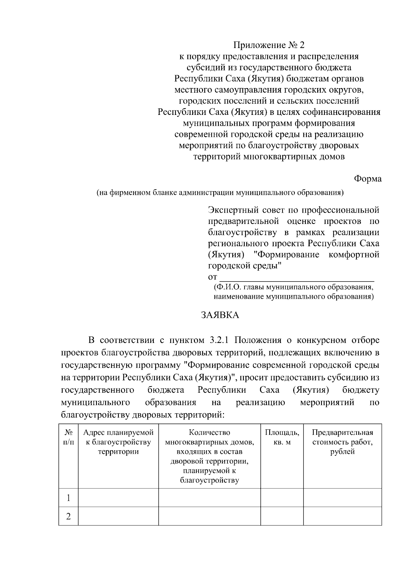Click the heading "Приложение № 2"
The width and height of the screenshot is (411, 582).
coord(269,45)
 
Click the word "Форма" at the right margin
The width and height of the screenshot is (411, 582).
coord(368,179)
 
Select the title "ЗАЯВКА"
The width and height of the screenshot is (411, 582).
coord(220,315)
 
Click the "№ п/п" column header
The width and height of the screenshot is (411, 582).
coord(68,437)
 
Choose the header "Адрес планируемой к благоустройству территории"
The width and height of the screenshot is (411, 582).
coord(118,442)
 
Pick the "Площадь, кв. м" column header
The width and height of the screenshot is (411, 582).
coord(282,437)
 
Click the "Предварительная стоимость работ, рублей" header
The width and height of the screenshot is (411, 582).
coord(342,442)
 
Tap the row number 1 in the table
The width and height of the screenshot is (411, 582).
coord(68,498)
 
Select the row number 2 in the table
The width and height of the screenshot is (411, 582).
coord(68,516)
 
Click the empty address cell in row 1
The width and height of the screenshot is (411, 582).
coord(118,498)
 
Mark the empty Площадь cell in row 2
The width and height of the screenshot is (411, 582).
coord(282,516)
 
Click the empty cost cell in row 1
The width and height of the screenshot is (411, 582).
coord(342,498)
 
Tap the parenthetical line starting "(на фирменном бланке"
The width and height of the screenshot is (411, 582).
coord(220,193)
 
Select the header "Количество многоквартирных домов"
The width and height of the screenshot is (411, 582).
coord(209,437)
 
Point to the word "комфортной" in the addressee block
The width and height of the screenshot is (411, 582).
coord(353,255)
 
